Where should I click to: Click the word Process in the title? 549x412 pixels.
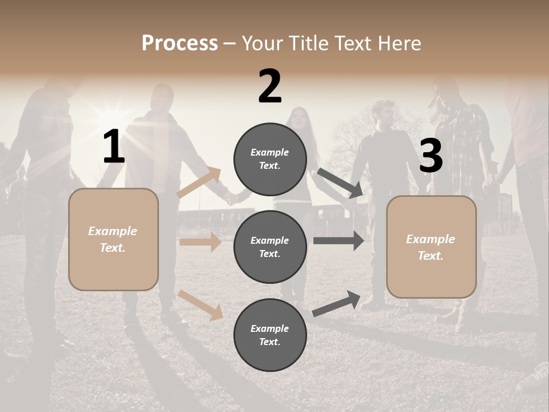[x=180, y=43]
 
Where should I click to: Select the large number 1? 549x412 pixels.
[x=114, y=148]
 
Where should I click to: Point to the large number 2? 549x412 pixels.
[x=270, y=87]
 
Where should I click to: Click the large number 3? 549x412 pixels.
[x=431, y=156]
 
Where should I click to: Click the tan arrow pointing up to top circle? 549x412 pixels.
[x=199, y=183]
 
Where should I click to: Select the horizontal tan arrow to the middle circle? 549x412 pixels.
[x=200, y=242]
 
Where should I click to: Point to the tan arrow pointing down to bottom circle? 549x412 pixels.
[x=200, y=304]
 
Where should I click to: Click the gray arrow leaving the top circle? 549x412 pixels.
[x=340, y=183]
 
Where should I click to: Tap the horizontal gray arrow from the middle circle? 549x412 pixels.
[x=339, y=241]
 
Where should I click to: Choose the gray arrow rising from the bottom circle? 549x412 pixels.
[x=336, y=303]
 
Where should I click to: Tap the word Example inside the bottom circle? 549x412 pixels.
[x=269, y=328]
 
